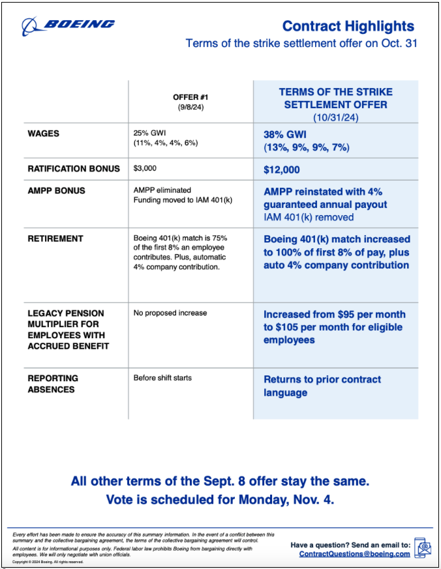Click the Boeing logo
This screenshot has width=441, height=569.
pyautogui.click(x=68, y=25)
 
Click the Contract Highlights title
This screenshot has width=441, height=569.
pyautogui.click(x=348, y=26)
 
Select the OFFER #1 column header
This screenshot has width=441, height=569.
pyautogui.click(x=189, y=98)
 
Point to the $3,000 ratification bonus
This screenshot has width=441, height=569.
pyautogui.click(x=145, y=168)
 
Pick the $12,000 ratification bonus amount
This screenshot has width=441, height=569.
pyautogui.click(x=282, y=169)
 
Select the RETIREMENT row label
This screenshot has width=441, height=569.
pyautogui.click(x=55, y=239)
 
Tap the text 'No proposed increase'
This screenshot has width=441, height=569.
pyautogui.click(x=170, y=313)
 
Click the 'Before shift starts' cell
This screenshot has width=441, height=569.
pyautogui.click(x=162, y=378)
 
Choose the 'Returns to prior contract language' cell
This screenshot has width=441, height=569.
pyautogui.click(x=322, y=386)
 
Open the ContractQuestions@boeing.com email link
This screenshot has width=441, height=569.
pyautogui.click(x=355, y=554)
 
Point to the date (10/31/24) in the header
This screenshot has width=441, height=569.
pyautogui.click(x=335, y=117)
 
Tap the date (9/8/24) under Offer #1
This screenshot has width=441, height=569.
pyautogui.click(x=189, y=107)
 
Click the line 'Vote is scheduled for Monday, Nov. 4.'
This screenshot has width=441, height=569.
pyautogui.click(x=220, y=500)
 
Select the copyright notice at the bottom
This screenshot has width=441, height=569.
pyautogui.click(x=48, y=561)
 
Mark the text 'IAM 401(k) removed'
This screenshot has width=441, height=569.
pyautogui.click(x=309, y=217)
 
